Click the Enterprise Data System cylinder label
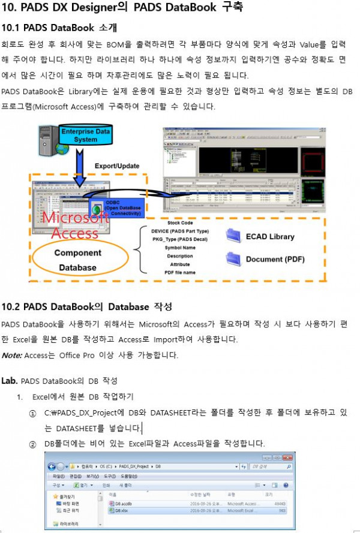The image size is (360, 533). coord(86,135)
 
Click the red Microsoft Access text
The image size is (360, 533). coord(70,225)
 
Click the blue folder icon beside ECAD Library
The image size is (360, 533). coord(233,236)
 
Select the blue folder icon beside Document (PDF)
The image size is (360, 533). coord(233,259)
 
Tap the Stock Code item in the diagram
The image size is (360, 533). coord(180,222)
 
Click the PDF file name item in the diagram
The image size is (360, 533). coord(180,273)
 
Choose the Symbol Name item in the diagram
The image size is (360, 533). coord(180,248)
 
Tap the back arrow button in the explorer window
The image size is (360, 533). coord(52,466)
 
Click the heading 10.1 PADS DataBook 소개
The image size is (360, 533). coord(59,28)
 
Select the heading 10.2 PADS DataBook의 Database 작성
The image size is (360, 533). coord(87,307)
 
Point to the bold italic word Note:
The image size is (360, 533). coord(11,355)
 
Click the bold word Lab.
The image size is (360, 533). coord(10,381)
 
